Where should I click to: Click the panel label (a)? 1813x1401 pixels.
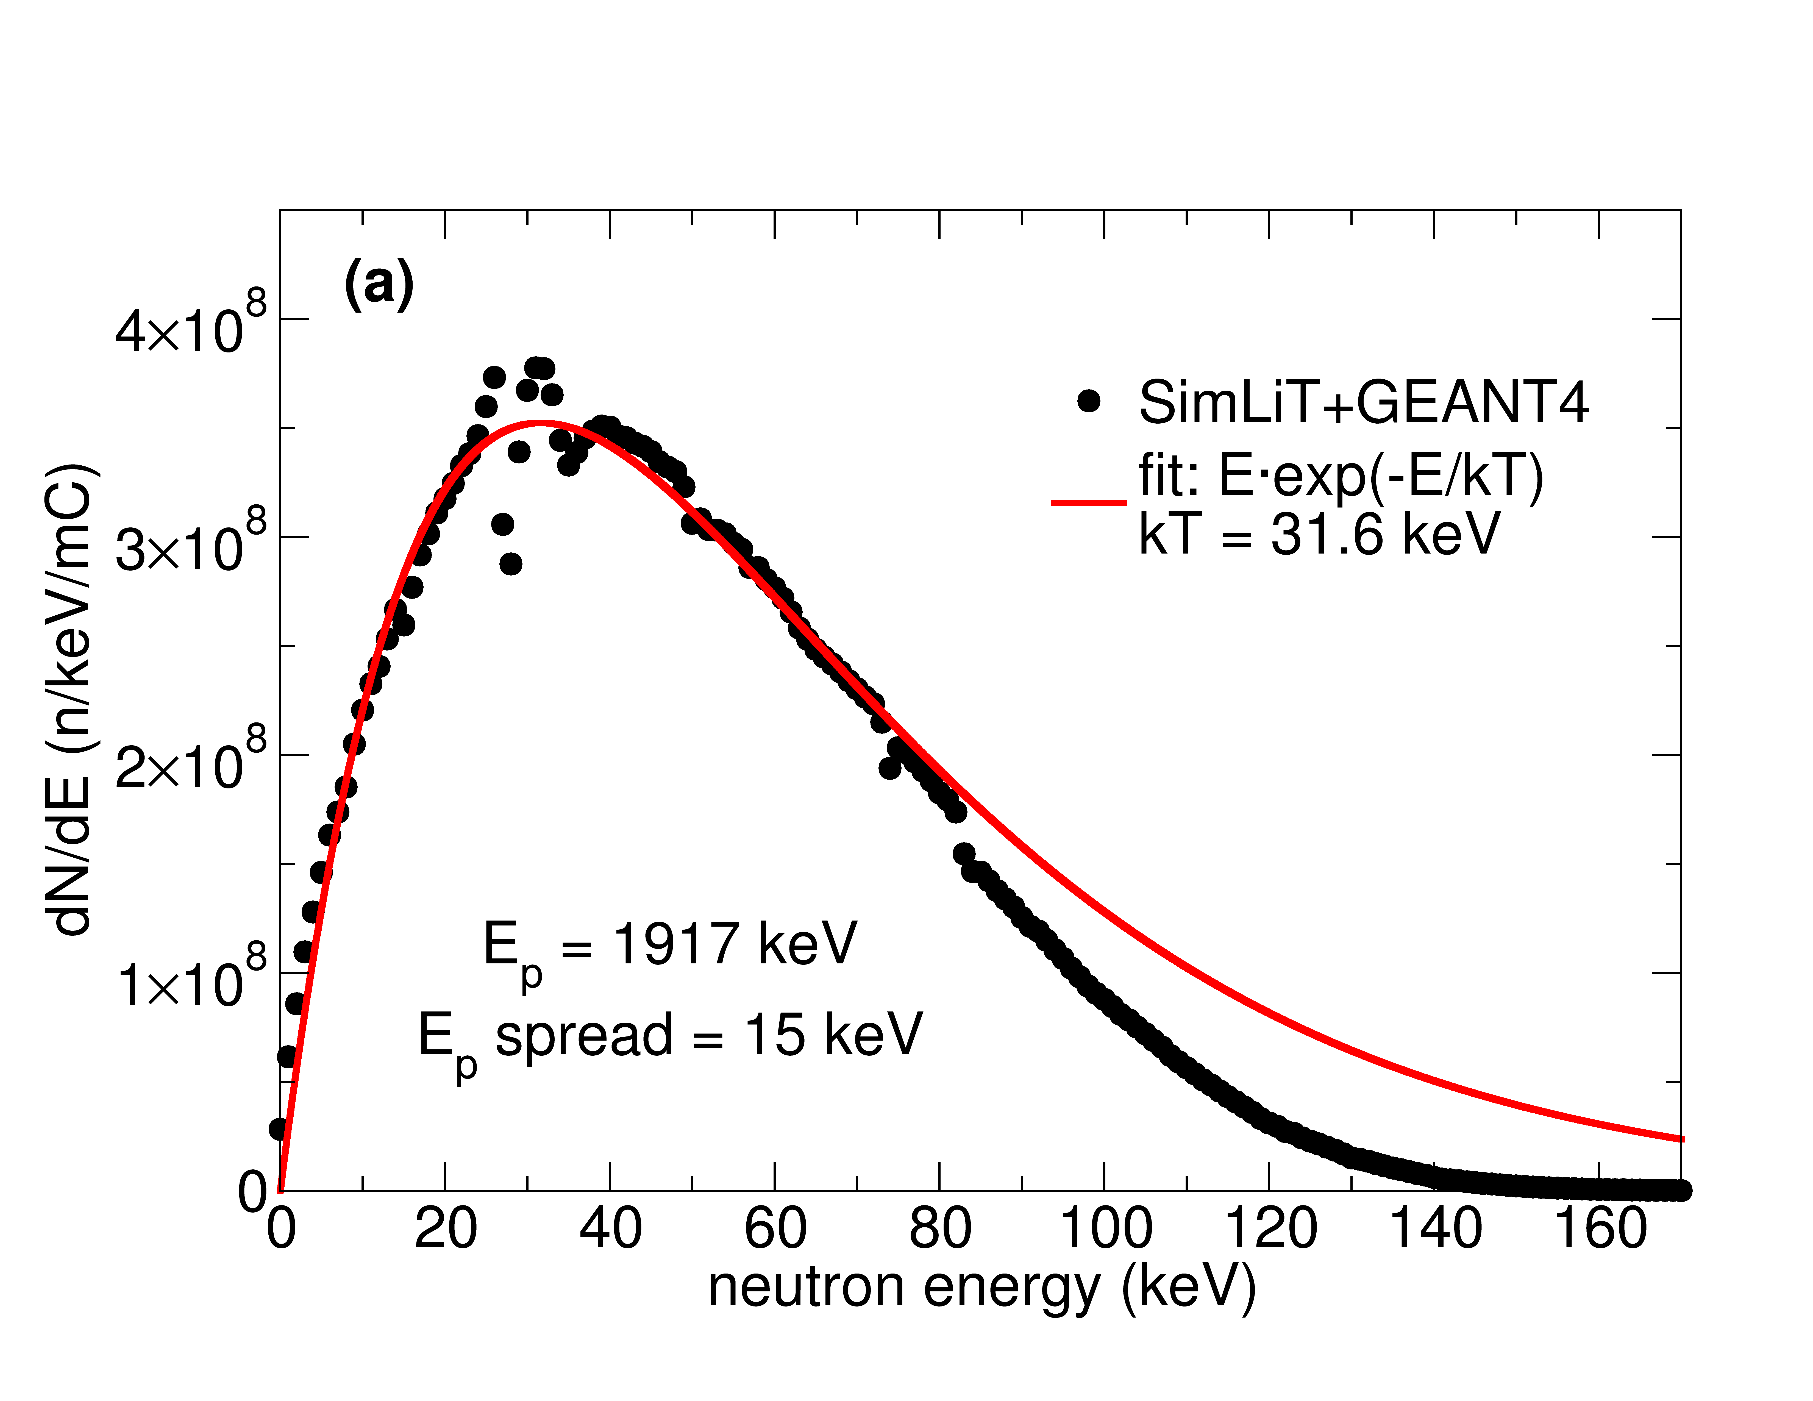tap(379, 284)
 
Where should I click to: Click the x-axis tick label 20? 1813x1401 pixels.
tap(446, 1228)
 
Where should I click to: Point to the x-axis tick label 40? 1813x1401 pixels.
tap(610, 1228)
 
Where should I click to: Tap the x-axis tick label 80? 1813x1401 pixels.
tap(940, 1228)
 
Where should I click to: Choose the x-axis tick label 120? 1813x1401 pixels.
tap(1270, 1228)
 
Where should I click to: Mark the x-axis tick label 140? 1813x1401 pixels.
tap(1435, 1228)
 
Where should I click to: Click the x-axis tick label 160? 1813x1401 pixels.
tap(1600, 1228)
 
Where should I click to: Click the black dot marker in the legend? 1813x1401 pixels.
tap(1088, 401)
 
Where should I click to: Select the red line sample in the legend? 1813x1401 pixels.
tap(1088, 502)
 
